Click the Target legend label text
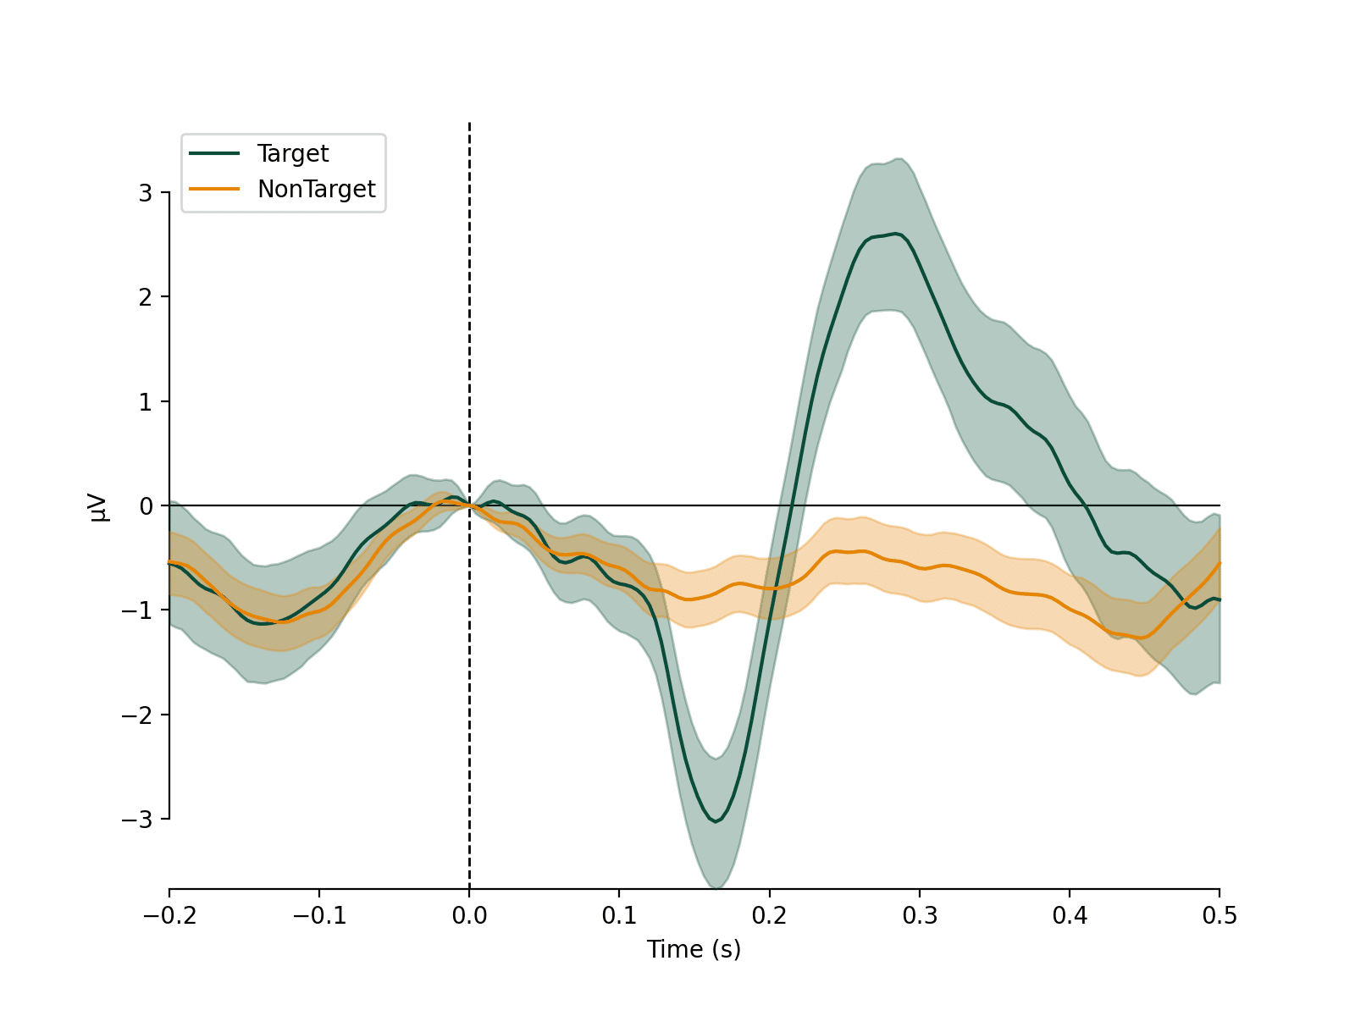(x=292, y=153)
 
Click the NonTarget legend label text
(x=316, y=189)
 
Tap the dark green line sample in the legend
(x=214, y=153)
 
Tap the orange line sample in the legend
(x=214, y=189)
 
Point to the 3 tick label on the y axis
(x=146, y=193)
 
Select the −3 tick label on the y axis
(x=137, y=820)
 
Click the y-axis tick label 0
(x=146, y=506)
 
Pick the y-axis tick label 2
(x=146, y=297)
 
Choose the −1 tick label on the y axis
(x=137, y=610)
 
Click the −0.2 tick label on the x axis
(x=169, y=916)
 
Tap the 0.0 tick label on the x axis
(x=469, y=916)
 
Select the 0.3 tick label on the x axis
(x=919, y=916)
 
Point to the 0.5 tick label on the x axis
(x=1219, y=916)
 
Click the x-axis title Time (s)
(x=694, y=949)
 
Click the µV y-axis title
(x=99, y=506)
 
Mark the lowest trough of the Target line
(x=716, y=821)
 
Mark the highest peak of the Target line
(x=896, y=234)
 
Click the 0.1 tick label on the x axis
(x=619, y=916)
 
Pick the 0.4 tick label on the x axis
(x=1070, y=916)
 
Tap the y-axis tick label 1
(x=146, y=402)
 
